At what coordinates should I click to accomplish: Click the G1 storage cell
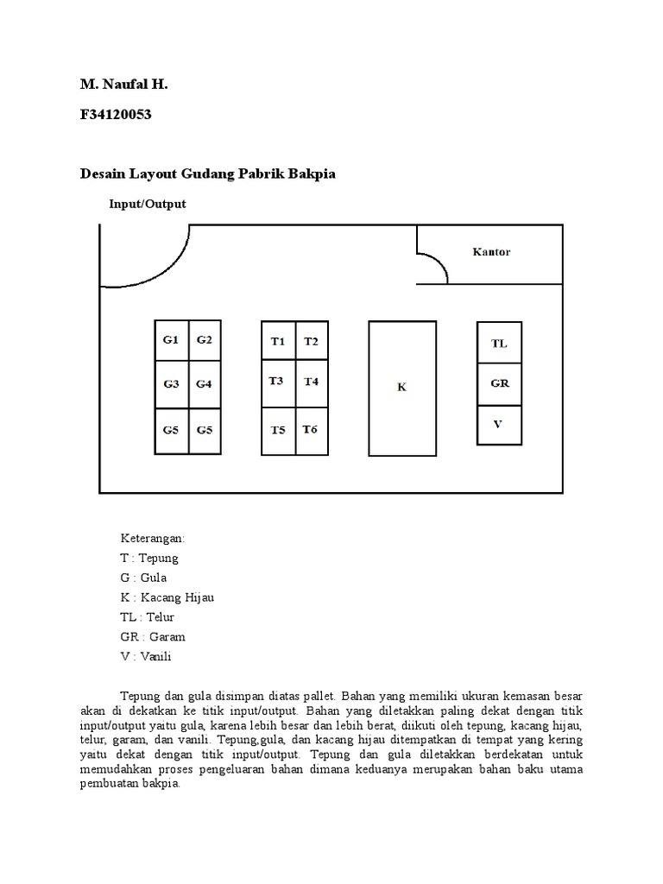(x=171, y=340)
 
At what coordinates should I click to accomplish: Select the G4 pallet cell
(x=204, y=384)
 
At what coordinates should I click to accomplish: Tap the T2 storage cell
(x=311, y=342)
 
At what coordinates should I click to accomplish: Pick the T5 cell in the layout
(x=277, y=429)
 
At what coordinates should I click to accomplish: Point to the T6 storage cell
(x=311, y=429)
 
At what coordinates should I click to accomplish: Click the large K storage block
(x=401, y=388)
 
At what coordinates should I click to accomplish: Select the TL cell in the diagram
(x=499, y=343)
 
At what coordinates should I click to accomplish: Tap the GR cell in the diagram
(x=499, y=383)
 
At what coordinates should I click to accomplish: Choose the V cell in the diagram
(x=498, y=424)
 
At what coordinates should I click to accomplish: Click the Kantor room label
(x=491, y=252)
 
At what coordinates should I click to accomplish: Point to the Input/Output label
(x=148, y=205)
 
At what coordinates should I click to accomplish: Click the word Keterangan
(x=153, y=538)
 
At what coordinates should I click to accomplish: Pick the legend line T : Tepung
(x=149, y=558)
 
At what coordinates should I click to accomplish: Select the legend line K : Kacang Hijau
(x=167, y=597)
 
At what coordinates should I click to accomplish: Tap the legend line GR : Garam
(x=153, y=637)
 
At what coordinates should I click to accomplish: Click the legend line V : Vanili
(x=148, y=657)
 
